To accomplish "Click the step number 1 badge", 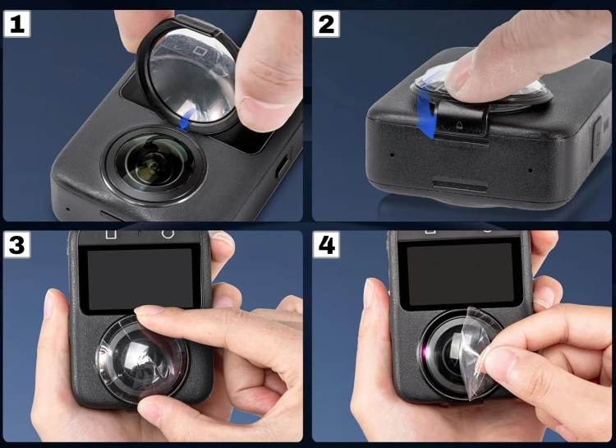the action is pos(17,24).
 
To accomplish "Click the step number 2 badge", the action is pos(326,24).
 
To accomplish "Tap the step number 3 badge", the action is pos(17,245).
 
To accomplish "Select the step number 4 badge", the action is pos(326,245).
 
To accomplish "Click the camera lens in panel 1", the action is pos(154,164).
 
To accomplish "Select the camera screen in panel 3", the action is pos(140,278).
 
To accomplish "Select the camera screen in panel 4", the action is pos(461,273).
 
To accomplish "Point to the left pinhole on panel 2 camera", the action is pos(392,155).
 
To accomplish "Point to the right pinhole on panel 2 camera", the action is pos(530,171).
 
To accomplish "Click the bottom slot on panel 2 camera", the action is pos(460,185).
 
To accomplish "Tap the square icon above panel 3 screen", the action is pos(111,234).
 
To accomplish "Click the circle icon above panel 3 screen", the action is pos(168,233).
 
